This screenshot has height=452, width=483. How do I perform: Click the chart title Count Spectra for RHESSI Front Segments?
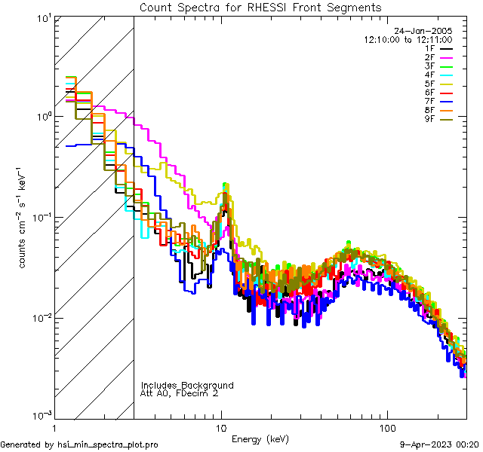pyautogui.click(x=260, y=8)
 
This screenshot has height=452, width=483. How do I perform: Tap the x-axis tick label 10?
pyautogui.click(x=221, y=427)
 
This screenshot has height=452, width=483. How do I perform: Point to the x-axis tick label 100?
pyautogui.click(x=386, y=427)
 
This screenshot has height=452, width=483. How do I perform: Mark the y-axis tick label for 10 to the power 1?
pyautogui.click(x=42, y=17)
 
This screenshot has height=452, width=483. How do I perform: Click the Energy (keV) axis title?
pyautogui.click(x=260, y=438)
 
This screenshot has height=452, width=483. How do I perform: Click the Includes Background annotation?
pyautogui.click(x=187, y=385)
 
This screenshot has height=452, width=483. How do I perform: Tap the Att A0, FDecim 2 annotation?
pyautogui.click(x=180, y=393)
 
